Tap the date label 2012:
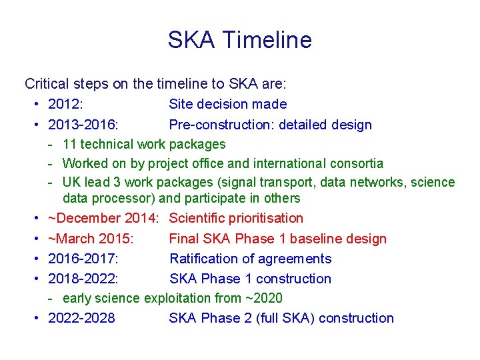pos(65,104)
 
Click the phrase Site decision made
pos(228,104)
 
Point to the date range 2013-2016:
pos(84,125)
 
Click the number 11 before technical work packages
pos(69,144)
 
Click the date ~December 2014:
pos(103,218)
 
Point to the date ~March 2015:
pos(91,239)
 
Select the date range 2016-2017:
pos(84,259)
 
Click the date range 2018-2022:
pos(84,279)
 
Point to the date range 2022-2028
pos(81,318)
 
